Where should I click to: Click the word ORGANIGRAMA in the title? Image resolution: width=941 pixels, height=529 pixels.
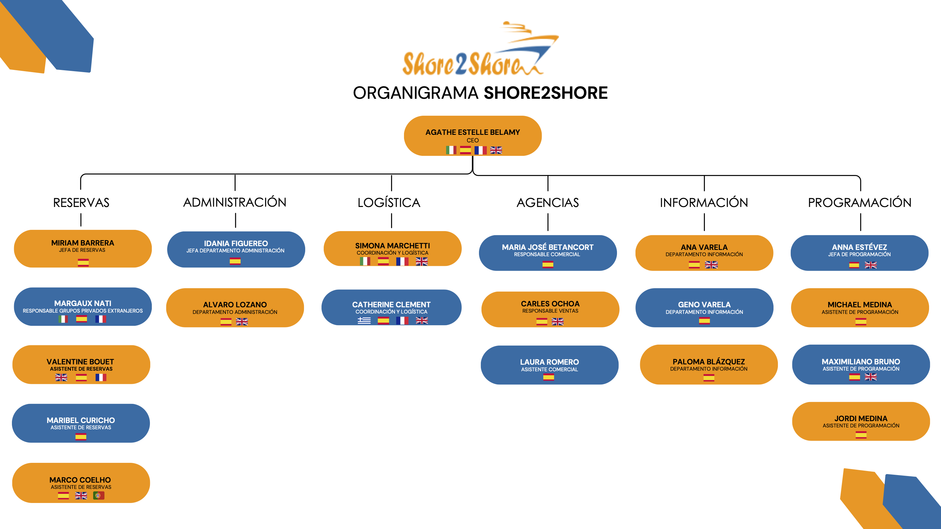pos(415,93)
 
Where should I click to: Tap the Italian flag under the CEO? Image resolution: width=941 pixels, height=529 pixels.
pos(451,150)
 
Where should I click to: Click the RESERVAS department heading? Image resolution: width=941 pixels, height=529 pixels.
pos(81,203)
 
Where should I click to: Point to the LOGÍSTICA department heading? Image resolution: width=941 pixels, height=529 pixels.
pos(389,203)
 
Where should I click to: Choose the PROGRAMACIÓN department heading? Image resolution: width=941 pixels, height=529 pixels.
pos(859,203)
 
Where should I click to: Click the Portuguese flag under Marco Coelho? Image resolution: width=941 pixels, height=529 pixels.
pos(98,495)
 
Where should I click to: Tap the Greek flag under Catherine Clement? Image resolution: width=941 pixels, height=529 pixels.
pos(364,320)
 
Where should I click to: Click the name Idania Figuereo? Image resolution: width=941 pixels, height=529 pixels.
pos(236,243)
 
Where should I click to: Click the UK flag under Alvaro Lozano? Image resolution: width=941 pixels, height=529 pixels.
pos(242,322)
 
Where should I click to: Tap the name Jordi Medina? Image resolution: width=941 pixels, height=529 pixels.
pos(861,418)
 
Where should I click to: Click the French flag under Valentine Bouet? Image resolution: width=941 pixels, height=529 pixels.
pos(101,378)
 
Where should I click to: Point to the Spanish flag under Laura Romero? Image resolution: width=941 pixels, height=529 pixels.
pos(548,377)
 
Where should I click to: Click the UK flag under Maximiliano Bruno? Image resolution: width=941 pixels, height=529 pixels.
pos(870,377)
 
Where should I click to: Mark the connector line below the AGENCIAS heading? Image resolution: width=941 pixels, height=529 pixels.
pos(548,222)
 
